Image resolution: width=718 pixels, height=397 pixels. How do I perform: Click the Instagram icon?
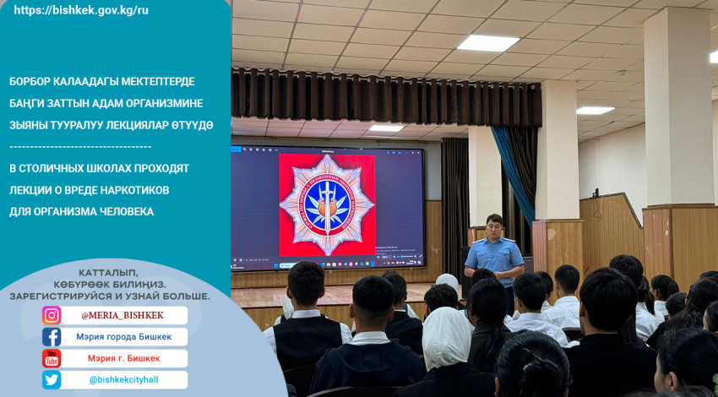click(52, 315)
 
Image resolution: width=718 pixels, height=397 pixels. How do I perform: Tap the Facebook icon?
click(52, 337)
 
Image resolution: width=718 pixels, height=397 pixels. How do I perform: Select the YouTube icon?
click(52, 358)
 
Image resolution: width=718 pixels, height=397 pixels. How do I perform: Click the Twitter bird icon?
click(52, 380)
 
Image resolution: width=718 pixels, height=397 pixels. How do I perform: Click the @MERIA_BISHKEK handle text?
click(122, 316)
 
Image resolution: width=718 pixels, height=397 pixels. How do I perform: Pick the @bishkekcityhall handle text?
click(123, 380)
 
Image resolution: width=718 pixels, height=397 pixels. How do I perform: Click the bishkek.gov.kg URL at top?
click(81, 10)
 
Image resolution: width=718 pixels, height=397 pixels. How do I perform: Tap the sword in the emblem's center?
click(327, 206)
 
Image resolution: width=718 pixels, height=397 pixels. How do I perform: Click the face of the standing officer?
click(494, 226)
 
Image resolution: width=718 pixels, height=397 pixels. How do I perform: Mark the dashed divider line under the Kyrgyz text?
click(80, 147)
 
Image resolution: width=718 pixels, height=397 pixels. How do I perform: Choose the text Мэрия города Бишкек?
click(124, 337)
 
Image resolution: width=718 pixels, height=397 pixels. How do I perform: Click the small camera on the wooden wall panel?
click(596, 193)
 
